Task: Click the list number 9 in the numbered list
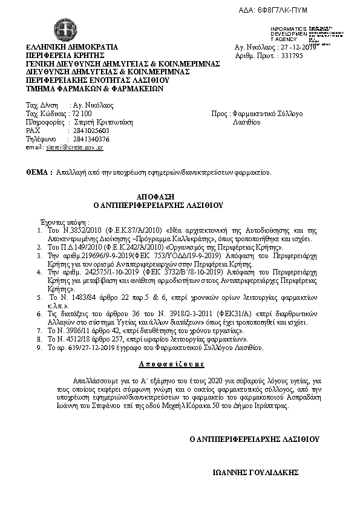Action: click(40, 348)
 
